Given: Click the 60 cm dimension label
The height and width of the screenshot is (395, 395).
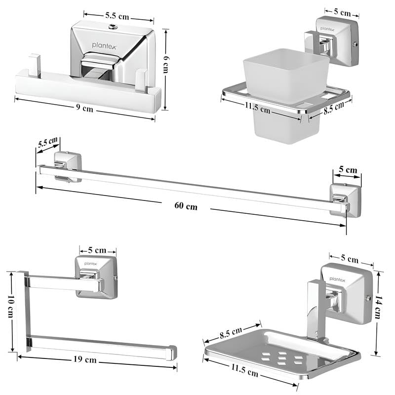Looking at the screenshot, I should [x=185, y=206].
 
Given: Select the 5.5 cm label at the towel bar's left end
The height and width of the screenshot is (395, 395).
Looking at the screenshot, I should [x=47, y=144].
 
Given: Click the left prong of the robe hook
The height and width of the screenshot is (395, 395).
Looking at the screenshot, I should [x=34, y=65].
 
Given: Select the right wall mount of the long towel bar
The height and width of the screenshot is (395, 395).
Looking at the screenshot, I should [x=345, y=199].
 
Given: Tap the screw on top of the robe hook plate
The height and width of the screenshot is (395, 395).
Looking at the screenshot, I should [x=113, y=26].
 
